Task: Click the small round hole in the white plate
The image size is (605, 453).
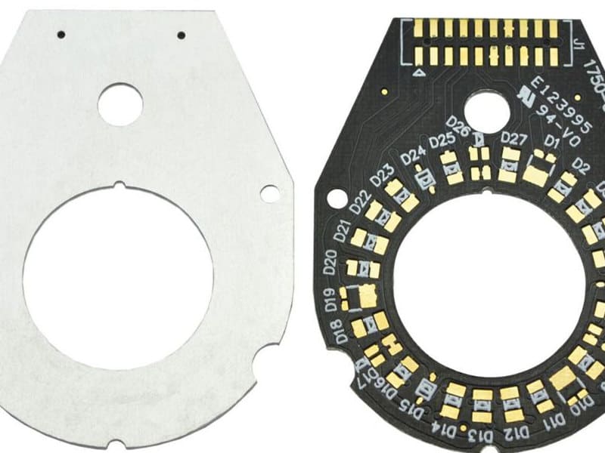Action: (120, 103)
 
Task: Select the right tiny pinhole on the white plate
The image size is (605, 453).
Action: (181, 35)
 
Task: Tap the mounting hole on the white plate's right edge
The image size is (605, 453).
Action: (269, 193)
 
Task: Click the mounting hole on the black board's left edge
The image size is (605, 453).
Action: (334, 199)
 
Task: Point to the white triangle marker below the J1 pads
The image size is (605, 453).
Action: (417, 74)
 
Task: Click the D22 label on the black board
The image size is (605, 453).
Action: (358, 204)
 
